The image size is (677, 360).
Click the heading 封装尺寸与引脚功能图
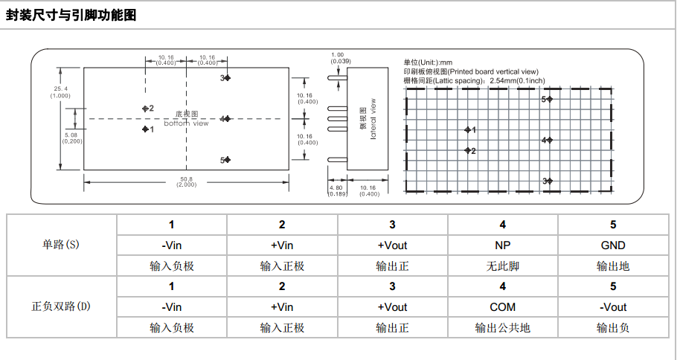(71, 15)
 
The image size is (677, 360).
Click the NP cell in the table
(503, 245)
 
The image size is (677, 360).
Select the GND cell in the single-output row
(613, 245)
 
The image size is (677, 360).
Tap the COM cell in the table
(503, 306)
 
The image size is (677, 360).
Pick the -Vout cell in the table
(613, 306)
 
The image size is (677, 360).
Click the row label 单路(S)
(61, 245)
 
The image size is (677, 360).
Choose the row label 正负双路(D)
(61, 306)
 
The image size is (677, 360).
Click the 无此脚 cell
(503, 266)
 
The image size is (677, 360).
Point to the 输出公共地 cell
(503, 327)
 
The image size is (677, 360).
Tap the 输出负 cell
(613, 327)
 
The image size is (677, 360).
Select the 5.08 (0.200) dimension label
(72, 138)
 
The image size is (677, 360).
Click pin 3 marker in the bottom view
(228, 77)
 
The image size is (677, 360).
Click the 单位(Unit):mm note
(428, 62)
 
